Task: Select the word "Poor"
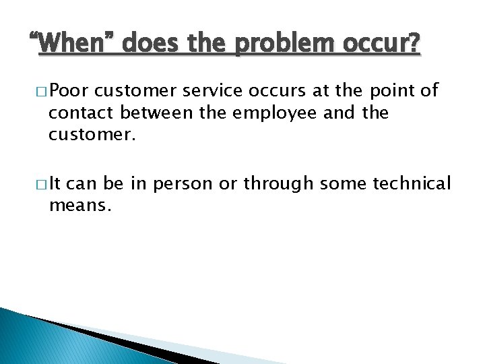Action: click(x=73, y=90)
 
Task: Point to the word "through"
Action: click(x=278, y=183)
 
